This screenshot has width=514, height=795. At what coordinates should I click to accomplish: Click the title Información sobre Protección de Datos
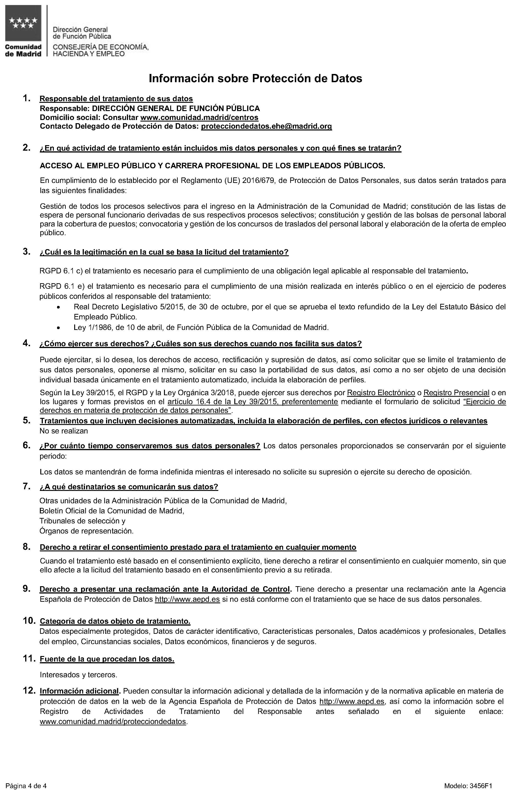tap(255, 78)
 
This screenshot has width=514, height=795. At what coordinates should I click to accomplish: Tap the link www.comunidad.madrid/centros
tap(199, 117)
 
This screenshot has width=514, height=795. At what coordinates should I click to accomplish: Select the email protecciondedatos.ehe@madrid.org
tap(266, 126)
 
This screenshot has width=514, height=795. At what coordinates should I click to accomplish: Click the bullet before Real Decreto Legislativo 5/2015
tap(59, 307)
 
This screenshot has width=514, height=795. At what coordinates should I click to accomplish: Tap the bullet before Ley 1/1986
tap(59, 328)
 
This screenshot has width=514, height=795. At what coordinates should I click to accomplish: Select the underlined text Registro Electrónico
tap(381, 393)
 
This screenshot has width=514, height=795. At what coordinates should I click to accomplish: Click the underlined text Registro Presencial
tap(457, 393)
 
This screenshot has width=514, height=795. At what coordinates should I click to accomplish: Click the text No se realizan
tap(64, 431)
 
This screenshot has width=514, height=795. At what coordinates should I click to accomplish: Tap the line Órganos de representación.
tap(86, 531)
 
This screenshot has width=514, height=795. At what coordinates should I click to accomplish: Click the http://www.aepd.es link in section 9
tap(187, 599)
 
